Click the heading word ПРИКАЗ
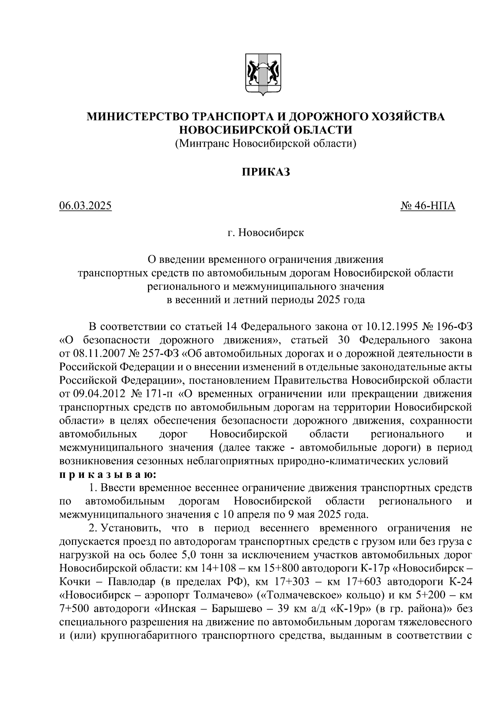tap(266, 172)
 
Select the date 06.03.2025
tap(86, 205)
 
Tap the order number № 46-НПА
tap(428, 205)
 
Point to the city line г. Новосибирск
tap(266, 233)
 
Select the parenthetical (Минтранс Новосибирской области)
tap(266, 143)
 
